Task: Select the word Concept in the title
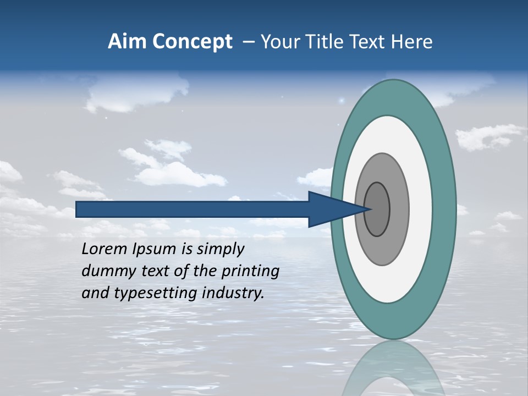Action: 193,42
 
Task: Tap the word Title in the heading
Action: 322,42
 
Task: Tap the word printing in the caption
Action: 252,272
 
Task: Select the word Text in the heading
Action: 365,42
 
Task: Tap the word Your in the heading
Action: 279,42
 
